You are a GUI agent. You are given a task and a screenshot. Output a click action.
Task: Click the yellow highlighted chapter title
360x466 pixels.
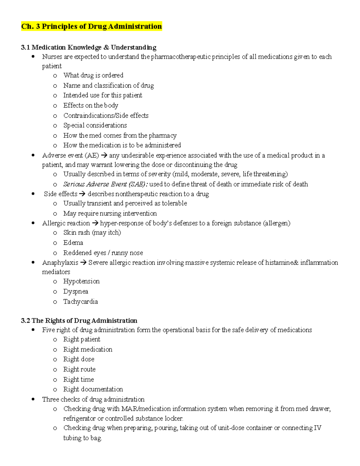91,26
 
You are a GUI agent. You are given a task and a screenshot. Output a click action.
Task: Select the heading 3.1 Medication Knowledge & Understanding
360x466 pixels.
88,47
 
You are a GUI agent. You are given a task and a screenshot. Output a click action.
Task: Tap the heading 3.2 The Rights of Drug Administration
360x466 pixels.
79,320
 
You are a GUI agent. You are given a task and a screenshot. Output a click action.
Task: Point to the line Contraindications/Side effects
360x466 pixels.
106,116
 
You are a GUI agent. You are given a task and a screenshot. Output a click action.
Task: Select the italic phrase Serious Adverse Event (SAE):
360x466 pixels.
105,184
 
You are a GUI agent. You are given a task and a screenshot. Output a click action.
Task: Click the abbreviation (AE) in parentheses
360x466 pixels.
91,155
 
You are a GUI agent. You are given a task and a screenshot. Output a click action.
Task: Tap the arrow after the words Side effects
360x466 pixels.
82,194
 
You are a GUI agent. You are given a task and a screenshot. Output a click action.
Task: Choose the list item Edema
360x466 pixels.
73,243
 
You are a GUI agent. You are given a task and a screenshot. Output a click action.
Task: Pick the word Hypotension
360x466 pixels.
81,281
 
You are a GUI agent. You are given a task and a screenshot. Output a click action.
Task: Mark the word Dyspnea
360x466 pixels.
76,292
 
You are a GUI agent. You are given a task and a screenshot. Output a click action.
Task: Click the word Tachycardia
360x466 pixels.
80,302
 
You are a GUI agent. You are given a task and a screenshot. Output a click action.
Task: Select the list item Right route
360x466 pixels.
79,369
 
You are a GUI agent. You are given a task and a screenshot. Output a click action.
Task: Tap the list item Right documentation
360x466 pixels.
93,389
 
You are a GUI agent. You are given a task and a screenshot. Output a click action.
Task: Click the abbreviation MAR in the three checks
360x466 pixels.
129,409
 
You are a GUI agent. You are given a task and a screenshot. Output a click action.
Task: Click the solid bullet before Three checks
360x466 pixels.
33,399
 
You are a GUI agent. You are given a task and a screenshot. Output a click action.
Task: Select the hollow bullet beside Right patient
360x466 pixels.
55,340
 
